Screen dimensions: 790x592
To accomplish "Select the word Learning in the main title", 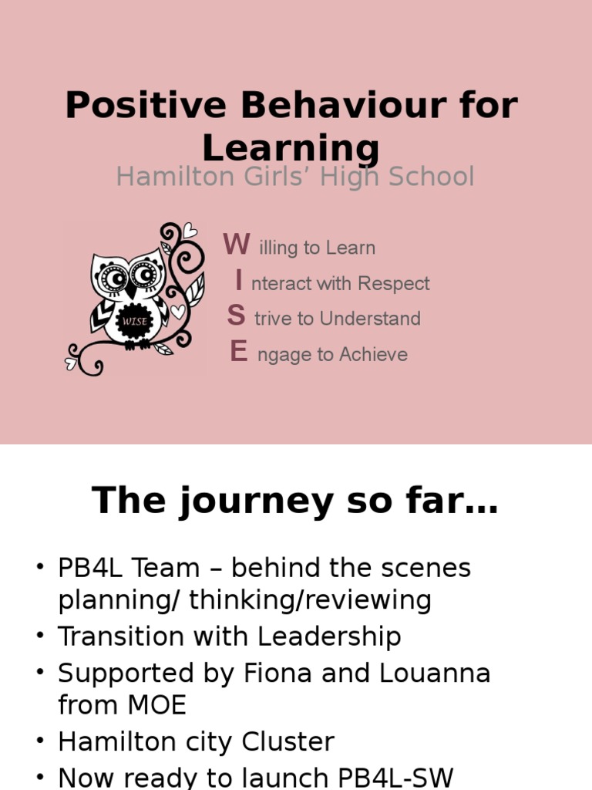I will pos(291,148).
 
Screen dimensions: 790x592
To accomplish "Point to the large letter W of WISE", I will pos(237,245).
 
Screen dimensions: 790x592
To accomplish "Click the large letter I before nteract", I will pos(239,281).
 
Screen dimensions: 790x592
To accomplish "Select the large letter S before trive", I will pos(237,316).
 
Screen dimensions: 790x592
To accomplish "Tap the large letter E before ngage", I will pos(238,352).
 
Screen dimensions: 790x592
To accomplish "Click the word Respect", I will pos(394,284).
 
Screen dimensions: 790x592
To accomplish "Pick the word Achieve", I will pos(373,355).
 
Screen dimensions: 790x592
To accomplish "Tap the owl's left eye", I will pos(113,276).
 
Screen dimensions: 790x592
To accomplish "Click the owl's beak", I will pos(131,292).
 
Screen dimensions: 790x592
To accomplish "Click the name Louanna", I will pos(435,674).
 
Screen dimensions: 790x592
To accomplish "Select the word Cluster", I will pos(288,742).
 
